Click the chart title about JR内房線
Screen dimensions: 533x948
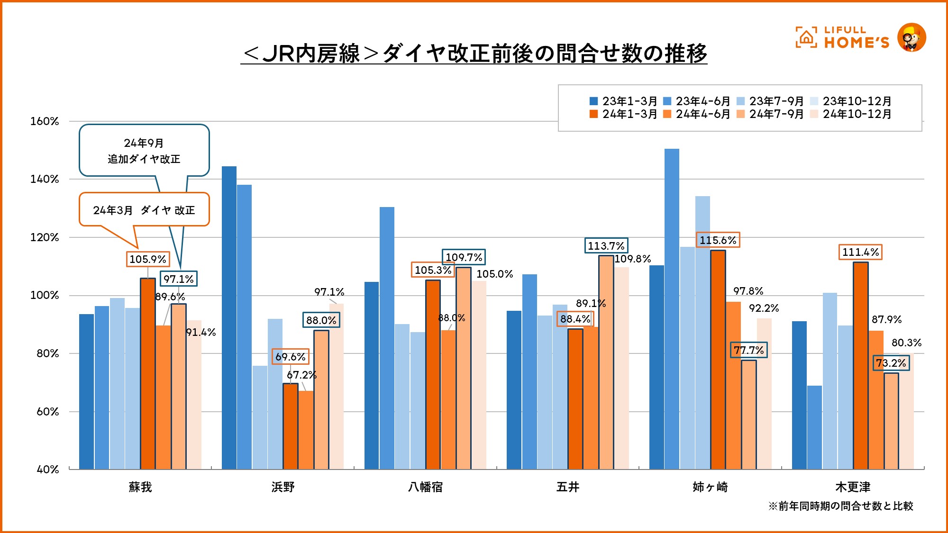474,53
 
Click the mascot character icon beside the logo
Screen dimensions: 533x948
912,37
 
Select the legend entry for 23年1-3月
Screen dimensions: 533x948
623,101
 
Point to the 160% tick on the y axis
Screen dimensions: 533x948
45,121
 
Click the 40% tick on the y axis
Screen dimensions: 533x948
48,470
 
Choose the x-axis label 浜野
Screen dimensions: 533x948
283,487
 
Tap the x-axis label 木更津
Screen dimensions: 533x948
853,487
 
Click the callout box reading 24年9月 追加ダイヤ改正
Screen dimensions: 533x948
144,151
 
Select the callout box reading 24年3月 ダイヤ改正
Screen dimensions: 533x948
144,210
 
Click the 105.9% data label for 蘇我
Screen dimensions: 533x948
148,259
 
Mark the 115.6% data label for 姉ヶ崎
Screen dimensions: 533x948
718,240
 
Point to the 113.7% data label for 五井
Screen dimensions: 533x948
606,246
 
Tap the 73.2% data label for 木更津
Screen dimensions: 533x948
891,363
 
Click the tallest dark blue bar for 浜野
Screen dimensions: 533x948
229,317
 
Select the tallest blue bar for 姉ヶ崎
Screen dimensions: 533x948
672,308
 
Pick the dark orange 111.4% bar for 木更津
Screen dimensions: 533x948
860,365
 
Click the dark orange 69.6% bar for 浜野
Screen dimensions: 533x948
291,426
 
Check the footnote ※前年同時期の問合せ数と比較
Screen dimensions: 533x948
840,506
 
